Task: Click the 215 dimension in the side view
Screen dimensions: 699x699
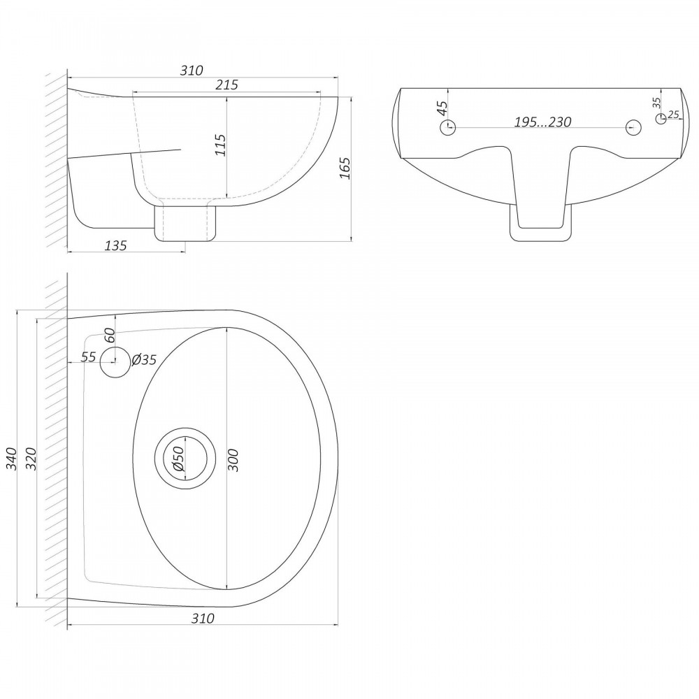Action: pyautogui.click(x=227, y=85)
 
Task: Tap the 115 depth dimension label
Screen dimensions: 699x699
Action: pyautogui.click(x=220, y=145)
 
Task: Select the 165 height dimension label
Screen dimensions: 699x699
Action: pyautogui.click(x=345, y=168)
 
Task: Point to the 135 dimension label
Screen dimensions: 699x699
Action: pyautogui.click(x=115, y=245)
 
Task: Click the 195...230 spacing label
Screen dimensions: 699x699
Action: pyautogui.click(x=542, y=122)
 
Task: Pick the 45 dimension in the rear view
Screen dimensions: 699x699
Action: pyautogui.click(x=442, y=108)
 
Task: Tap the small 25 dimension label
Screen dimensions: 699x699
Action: pyautogui.click(x=674, y=115)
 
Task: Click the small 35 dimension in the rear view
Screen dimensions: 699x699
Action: pyautogui.click(x=656, y=103)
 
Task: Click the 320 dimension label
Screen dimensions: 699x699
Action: pyautogui.click(x=31, y=459)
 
